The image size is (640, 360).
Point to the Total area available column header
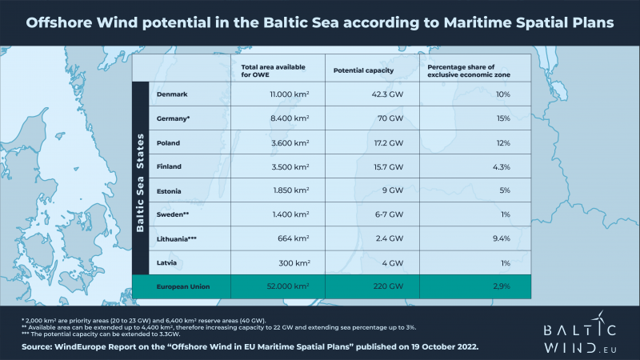264,70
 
